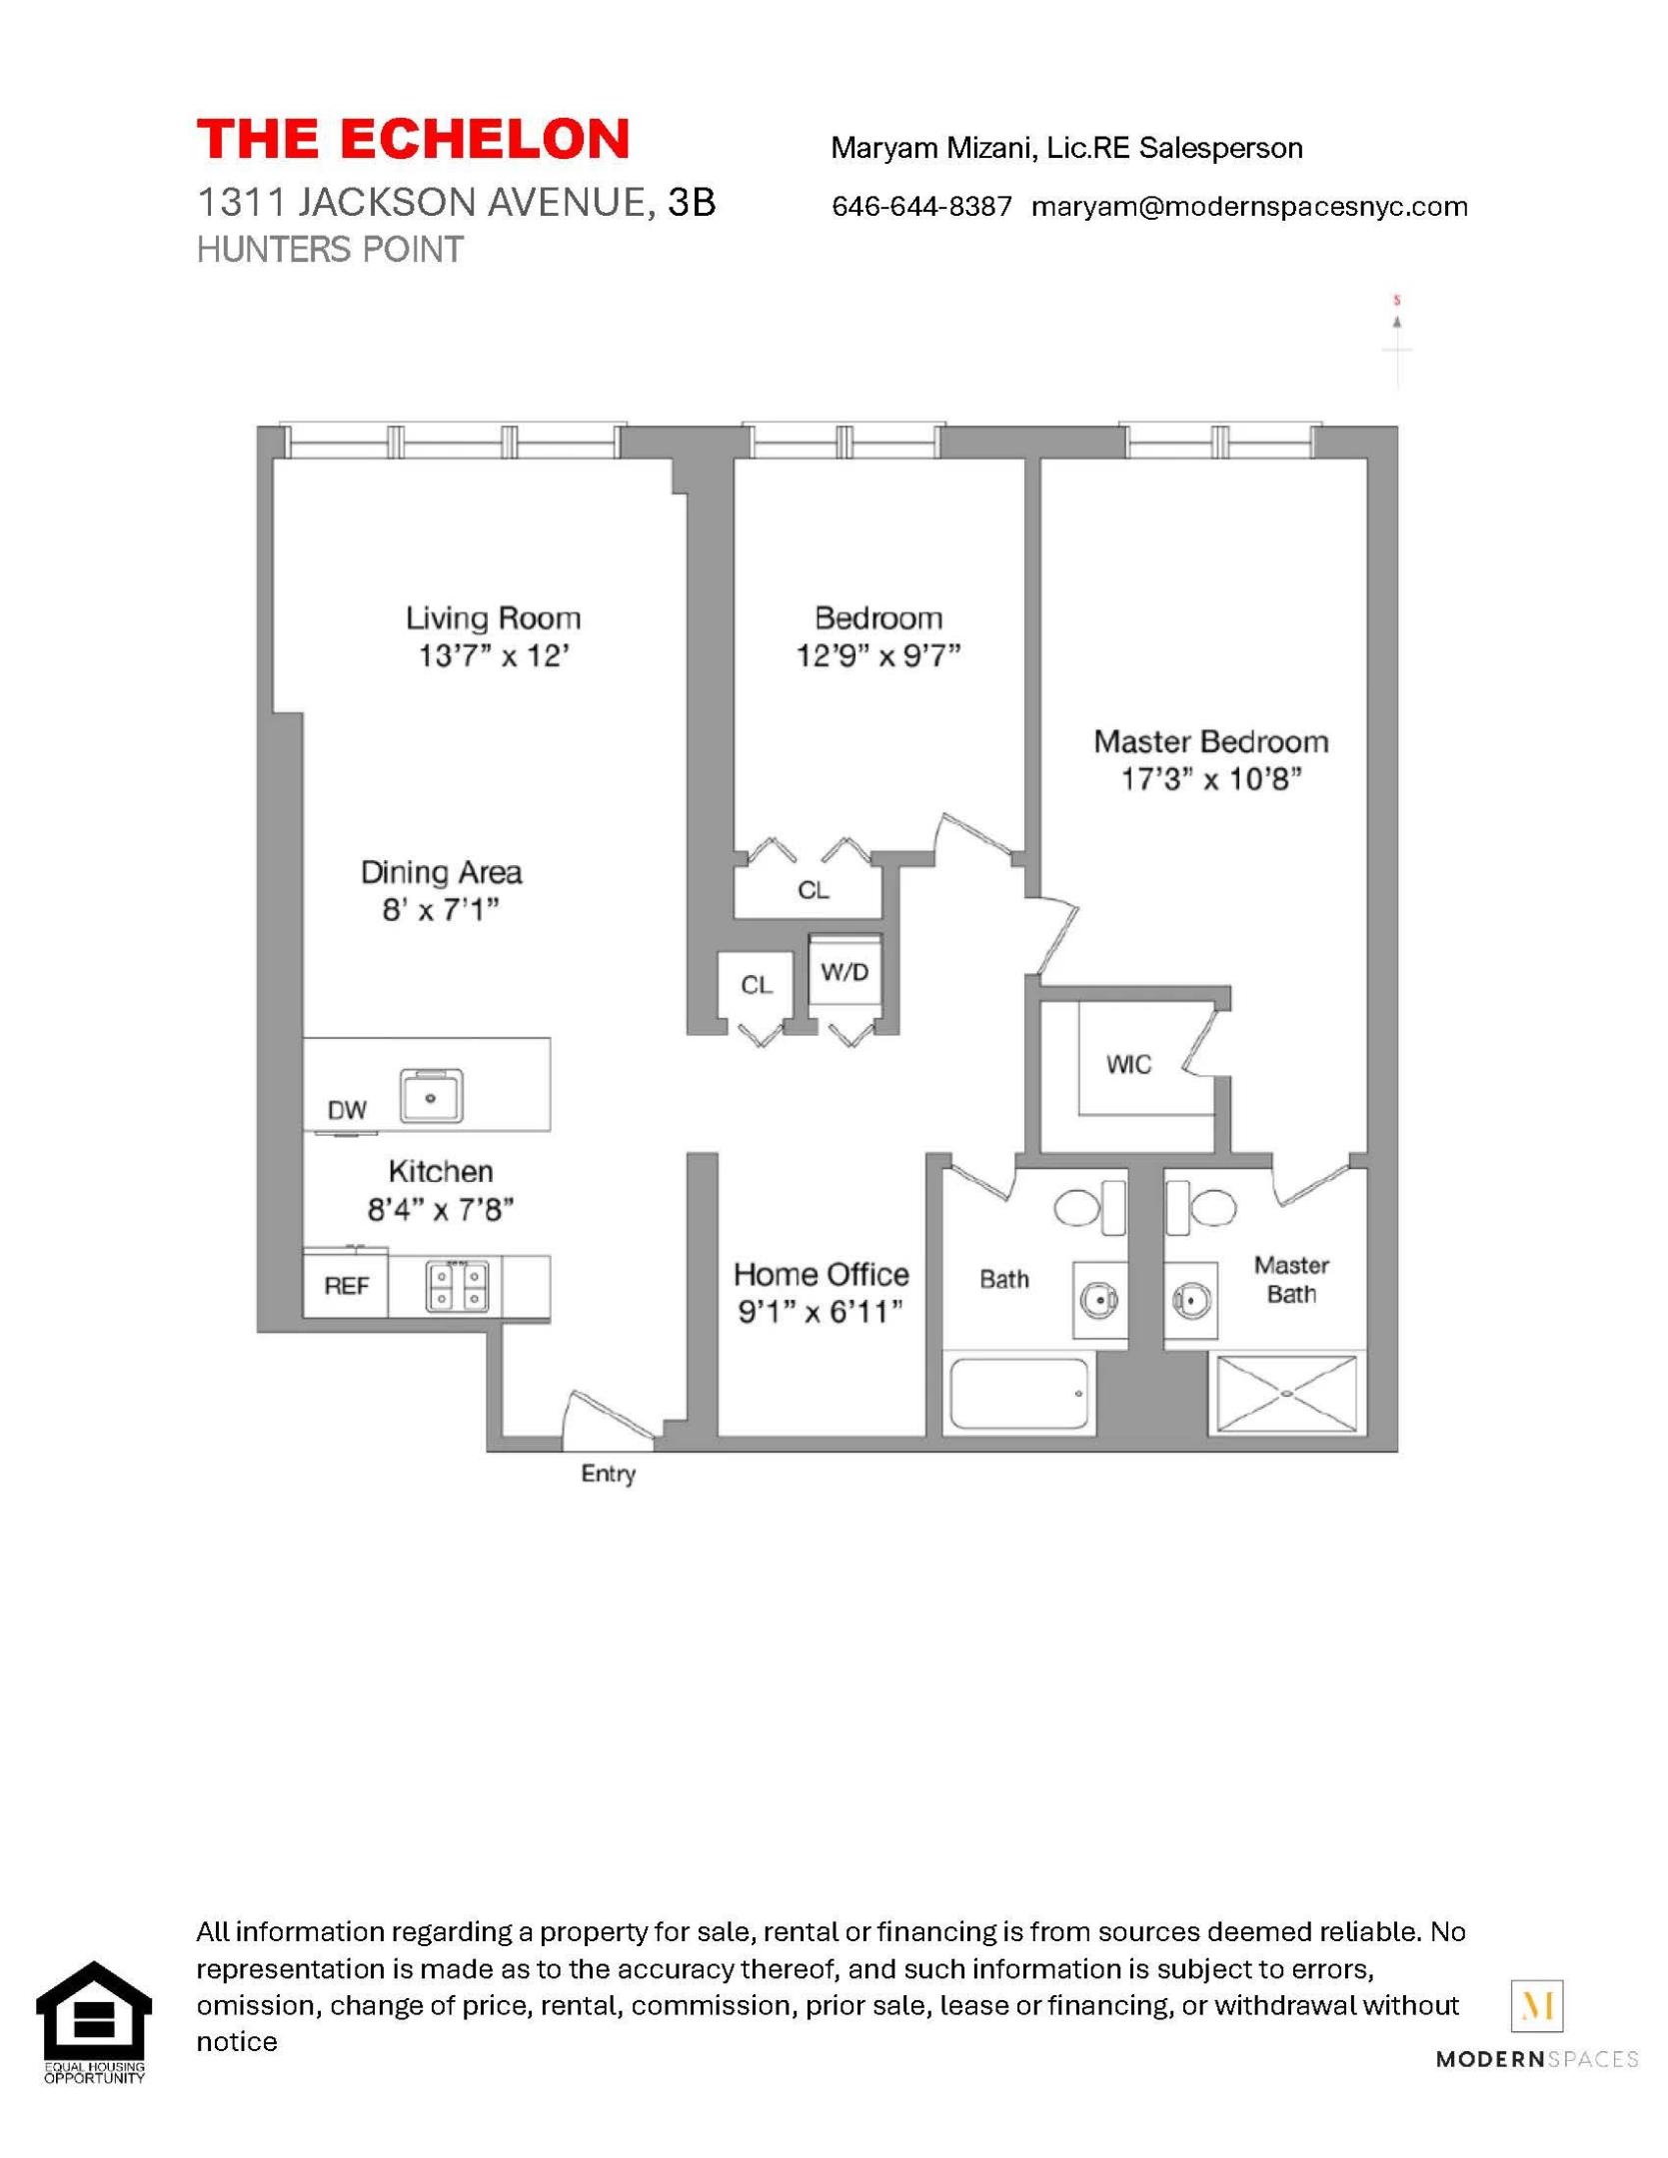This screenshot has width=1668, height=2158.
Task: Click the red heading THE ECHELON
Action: [412, 139]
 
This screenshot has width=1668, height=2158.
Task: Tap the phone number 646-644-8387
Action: [920, 207]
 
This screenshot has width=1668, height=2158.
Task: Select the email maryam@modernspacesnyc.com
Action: [1248, 207]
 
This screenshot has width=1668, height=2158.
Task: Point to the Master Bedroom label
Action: [1210, 741]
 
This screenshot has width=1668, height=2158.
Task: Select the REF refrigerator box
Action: [346, 1286]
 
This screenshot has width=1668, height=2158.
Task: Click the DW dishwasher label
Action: [347, 1109]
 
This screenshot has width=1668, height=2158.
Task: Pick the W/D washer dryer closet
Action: [844, 971]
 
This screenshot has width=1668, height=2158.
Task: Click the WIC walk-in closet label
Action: [1128, 1065]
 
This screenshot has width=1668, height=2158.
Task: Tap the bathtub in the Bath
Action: [1018, 1395]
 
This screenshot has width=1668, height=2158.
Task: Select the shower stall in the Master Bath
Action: [1285, 1395]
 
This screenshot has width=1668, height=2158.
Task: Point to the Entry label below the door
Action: [608, 1474]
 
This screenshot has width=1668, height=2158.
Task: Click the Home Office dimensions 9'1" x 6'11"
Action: [820, 1312]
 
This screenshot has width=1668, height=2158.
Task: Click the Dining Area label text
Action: [441, 872]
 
